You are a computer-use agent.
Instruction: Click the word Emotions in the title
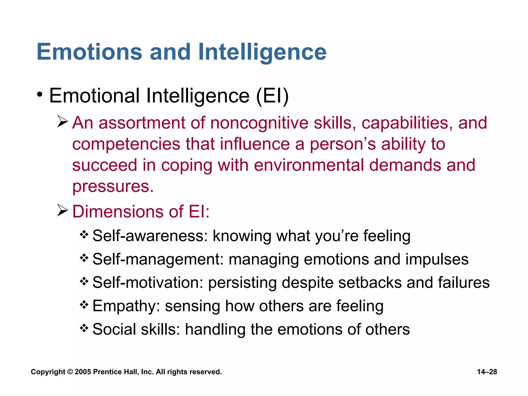(x=89, y=52)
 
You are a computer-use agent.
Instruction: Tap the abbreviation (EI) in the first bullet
(x=273, y=96)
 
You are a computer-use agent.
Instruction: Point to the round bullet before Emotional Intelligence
(x=39, y=94)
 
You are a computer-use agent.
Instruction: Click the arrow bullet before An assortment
(x=62, y=122)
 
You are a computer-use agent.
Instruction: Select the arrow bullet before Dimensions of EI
(x=62, y=210)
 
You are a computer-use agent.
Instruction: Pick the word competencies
(x=126, y=144)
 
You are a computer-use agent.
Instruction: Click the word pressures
(x=113, y=187)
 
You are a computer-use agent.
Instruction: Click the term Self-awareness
(x=150, y=236)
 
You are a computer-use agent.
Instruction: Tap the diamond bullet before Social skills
(x=84, y=328)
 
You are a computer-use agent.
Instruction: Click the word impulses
(x=437, y=259)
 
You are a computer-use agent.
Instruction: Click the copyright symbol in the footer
(x=70, y=372)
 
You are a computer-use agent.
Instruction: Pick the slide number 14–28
(x=487, y=372)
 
